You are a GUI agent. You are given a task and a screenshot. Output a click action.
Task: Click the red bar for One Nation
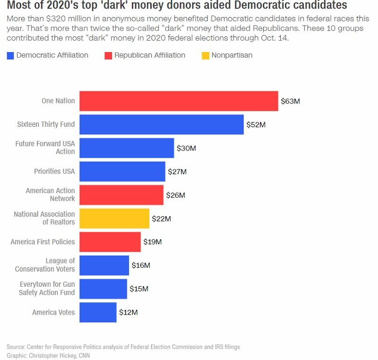click(x=179, y=101)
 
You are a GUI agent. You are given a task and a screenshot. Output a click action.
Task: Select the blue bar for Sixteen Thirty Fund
click(x=162, y=124)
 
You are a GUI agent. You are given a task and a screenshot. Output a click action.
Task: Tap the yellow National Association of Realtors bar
click(x=114, y=219)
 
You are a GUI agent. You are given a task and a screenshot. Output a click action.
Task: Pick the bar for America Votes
click(x=98, y=312)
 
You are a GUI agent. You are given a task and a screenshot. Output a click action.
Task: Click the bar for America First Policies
click(x=110, y=242)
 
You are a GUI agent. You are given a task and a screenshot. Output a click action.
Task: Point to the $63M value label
click(x=290, y=101)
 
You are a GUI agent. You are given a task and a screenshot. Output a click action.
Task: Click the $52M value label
click(x=256, y=125)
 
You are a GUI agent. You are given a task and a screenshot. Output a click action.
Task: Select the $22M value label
click(x=161, y=219)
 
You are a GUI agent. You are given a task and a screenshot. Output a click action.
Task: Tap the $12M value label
click(x=128, y=312)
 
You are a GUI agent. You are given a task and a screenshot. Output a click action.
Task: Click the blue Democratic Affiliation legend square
click(x=10, y=55)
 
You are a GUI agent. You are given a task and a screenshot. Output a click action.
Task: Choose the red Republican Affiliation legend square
click(x=108, y=55)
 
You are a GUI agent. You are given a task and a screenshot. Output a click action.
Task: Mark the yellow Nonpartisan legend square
click(x=206, y=55)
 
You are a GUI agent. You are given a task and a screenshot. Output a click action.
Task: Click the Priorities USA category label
click(x=54, y=171)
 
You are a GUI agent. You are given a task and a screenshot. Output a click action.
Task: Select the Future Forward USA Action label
click(x=45, y=148)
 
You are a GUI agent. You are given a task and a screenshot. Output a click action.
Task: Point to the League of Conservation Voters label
click(x=45, y=265)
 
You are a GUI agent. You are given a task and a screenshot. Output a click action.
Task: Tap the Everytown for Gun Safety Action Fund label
click(x=47, y=289)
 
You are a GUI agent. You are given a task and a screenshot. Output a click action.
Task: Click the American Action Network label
click(x=50, y=194)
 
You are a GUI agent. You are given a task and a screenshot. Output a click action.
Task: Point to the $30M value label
click(x=186, y=148)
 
